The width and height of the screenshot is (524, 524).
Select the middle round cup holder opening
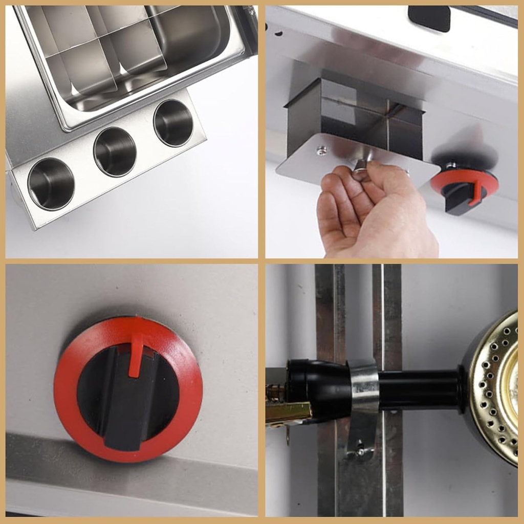pos(115,151)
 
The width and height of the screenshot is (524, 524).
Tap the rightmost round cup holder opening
pos(173,123)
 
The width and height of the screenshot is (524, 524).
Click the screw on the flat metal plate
pos(321,150)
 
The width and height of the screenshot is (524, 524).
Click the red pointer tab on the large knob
pos(136,353)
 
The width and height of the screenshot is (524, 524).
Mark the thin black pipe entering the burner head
pos(420,389)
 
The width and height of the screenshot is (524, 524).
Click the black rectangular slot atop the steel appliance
pos(429,18)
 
